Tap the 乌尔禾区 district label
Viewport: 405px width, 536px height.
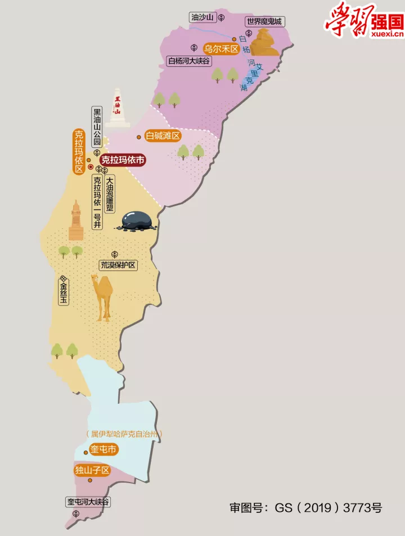point(221,49)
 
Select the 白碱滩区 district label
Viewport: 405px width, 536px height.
point(163,136)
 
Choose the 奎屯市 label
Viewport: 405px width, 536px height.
point(103,450)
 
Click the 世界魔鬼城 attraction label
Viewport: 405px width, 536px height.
point(264,22)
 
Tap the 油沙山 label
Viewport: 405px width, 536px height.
point(202,17)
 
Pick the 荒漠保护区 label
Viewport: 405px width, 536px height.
point(119,265)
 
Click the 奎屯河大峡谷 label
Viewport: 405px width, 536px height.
point(88,502)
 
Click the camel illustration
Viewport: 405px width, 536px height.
point(103,296)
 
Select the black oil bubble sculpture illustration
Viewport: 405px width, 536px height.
point(137,220)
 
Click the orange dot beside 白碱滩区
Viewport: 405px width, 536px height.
point(139,137)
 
